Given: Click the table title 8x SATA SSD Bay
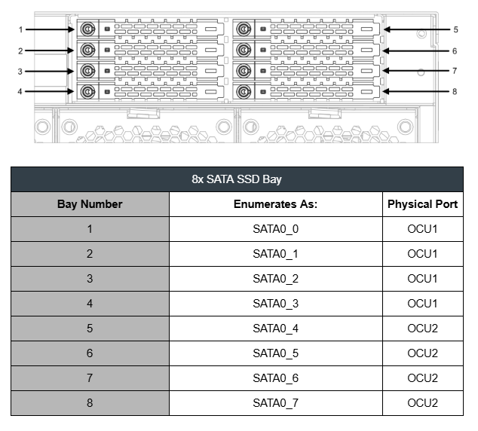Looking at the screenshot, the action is [x=237, y=179].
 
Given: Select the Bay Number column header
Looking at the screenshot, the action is [x=90, y=204].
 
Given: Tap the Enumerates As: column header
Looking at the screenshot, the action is [x=276, y=204].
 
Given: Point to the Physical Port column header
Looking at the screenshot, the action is [x=422, y=204].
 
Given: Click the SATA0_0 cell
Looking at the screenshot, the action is [x=276, y=229].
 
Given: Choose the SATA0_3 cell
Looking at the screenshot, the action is [x=276, y=304].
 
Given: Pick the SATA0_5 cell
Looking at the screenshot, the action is [x=276, y=353].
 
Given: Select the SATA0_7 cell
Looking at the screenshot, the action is [x=276, y=403].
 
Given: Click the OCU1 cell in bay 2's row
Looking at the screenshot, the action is [x=422, y=254].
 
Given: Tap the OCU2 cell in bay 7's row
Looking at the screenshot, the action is [x=422, y=378].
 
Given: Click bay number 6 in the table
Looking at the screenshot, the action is [x=90, y=353].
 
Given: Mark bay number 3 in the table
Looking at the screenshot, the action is [x=90, y=279].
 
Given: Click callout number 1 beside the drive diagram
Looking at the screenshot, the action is [x=20, y=29].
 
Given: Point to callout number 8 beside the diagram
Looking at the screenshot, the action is [x=455, y=91].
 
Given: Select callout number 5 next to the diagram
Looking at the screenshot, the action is [x=455, y=29].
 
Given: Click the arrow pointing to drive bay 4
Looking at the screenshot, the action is [x=50, y=91].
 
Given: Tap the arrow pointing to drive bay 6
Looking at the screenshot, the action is [x=416, y=51].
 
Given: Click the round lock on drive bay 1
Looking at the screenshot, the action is [x=87, y=29].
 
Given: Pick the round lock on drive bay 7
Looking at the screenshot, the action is [x=244, y=71].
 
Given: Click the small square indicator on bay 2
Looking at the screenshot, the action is [x=107, y=50].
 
